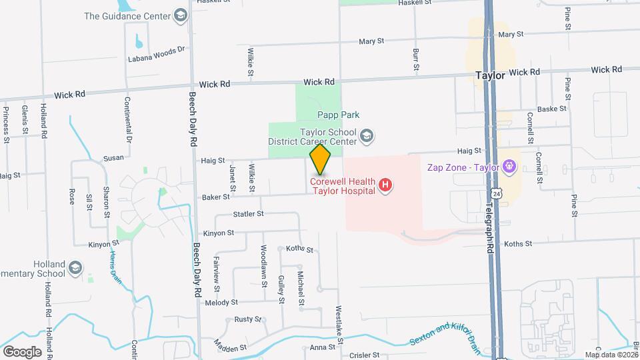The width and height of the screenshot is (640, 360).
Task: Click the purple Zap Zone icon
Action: (510, 163)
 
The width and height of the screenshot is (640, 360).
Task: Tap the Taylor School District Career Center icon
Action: (365, 137)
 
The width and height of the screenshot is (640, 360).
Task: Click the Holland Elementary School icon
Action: (75, 269)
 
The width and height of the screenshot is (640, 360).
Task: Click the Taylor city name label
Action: (490, 75)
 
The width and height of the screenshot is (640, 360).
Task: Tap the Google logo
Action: (21, 352)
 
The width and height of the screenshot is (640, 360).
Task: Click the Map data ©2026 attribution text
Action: (611, 355)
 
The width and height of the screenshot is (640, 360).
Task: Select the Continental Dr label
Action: (127, 120)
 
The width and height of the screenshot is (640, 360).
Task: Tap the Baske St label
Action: (551, 109)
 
